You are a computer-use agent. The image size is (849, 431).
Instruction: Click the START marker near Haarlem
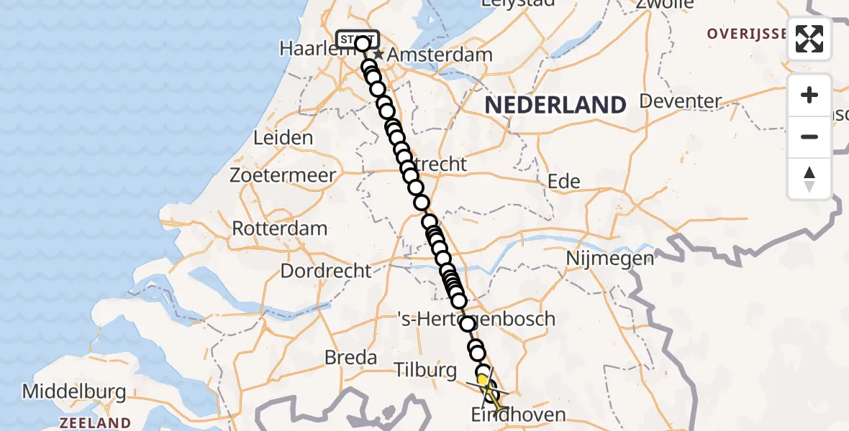pyautogui.click(x=355, y=40)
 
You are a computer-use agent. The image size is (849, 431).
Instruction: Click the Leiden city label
pyautogui.click(x=283, y=138)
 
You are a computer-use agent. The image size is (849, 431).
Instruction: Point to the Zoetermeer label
pyautogui.click(x=283, y=175)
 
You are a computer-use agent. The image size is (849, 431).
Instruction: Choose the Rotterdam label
pyautogui.click(x=279, y=228)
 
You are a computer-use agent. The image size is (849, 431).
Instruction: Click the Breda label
pyautogui.click(x=350, y=357)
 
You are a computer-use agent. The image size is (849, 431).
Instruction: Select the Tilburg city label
pyautogui.click(x=425, y=370)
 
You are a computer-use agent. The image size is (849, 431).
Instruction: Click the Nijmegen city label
pyautogui.click(x=610, y=257)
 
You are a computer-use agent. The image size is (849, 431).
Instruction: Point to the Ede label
pyautogui.click(x=564, y=182)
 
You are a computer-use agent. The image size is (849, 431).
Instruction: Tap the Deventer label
pyautogui.click(x=680, y=101)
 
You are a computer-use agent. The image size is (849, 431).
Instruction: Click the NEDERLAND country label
pyautogui.click(x=555, y=105)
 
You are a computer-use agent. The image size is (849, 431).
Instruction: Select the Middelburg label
pyautogui.click(x=74, y=392)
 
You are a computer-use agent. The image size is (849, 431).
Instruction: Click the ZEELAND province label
pyautogui.click(x=95, y=422)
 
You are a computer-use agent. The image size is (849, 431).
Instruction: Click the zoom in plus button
pyautogui.click(x=809, y=95)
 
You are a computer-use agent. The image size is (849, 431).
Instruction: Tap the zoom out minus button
pyautogui.click(x=809, y=136)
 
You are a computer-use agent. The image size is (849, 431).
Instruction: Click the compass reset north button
pyautogui.click(x=809, y=178)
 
